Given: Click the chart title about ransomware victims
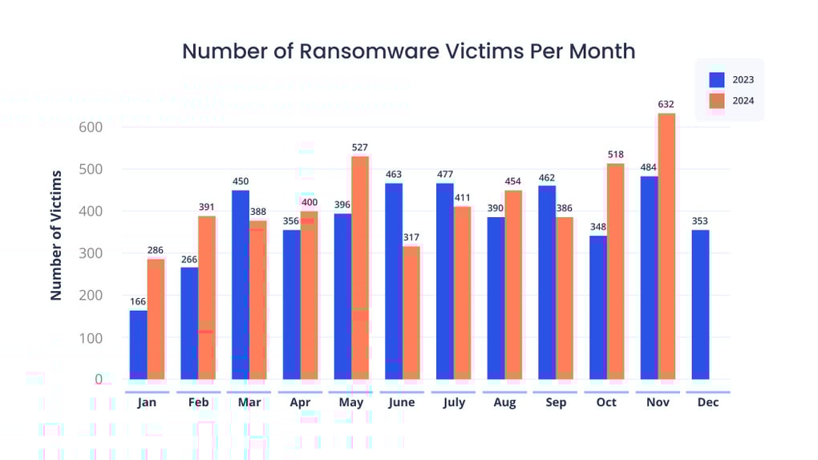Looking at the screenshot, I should pos(408,51).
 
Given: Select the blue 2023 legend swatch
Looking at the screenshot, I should pos(717,79).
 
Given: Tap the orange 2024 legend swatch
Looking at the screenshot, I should pos(717,101).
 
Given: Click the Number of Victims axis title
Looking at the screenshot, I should pos(56,235).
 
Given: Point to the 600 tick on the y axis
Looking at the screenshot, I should pos(91,127).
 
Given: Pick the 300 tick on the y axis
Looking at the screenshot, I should pos(91,253).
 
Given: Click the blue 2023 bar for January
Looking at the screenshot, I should pos(138,345).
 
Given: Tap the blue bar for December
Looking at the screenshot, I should pos(700,305).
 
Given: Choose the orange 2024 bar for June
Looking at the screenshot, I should pos(411,313).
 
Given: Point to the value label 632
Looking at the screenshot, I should pos(666,104).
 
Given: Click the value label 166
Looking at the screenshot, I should pos(138,301).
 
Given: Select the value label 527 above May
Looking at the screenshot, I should pos(360,147).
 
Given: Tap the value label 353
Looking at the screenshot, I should pos(700,221).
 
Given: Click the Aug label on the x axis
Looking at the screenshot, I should pos(504,402).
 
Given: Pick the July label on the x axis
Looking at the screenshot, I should pos(454,402).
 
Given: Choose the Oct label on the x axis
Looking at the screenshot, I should pos(606,402).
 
